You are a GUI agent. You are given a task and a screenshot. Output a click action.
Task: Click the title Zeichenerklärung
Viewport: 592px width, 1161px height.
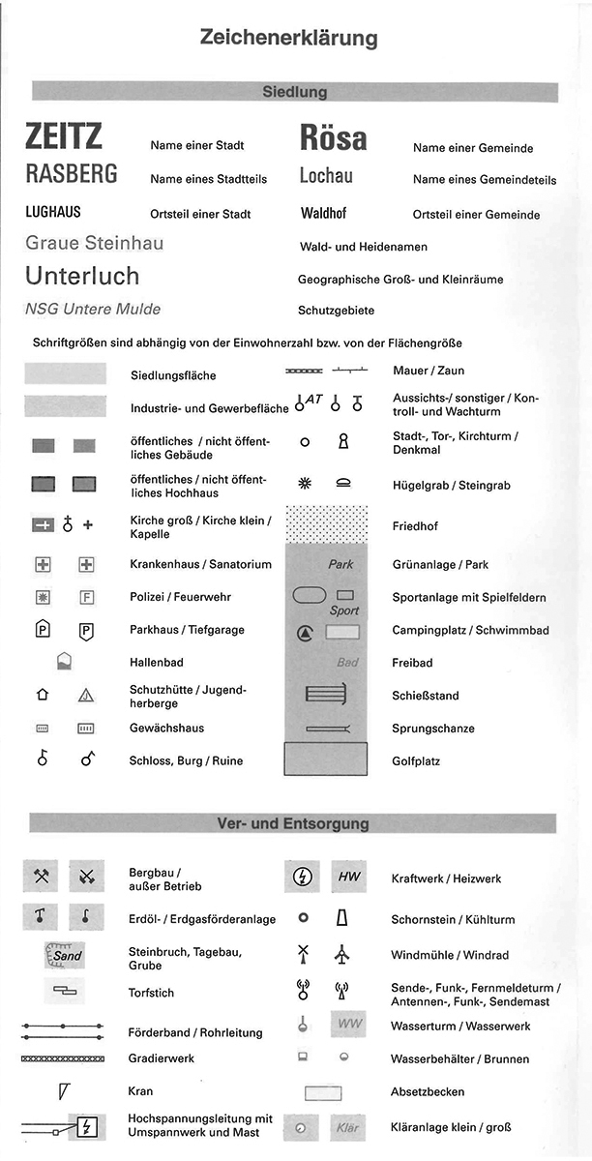pyautogui.click(x=288, y=39)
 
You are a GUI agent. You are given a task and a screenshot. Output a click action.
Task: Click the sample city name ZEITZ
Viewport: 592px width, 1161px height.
pyautogui.click(x=64, y=137)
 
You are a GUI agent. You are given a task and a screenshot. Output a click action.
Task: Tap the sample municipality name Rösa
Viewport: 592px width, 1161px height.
pyautogui.click(x=333, y=139)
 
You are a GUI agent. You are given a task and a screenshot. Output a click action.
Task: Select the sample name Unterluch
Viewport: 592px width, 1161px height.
pyautogui.click(x=82, y=276)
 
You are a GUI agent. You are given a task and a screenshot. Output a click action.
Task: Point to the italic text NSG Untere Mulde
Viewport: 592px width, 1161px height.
pyautogui.click(x=93, y=310)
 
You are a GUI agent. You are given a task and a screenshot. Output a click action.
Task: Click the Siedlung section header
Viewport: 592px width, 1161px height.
pyautogui.click(x=295, y=92)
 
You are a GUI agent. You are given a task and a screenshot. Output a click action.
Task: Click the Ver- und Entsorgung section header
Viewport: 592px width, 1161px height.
pyautogui.click(x=293, y=824)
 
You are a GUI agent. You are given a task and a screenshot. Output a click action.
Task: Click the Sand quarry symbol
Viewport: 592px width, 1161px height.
pyautogui.click(x=65, y=955)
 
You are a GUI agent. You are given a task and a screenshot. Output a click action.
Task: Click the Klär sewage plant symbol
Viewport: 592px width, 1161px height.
pyautogui.click(x=348, y=1127)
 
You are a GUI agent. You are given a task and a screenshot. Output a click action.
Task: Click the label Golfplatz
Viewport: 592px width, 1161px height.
pyautogui.click(x=416, y=761)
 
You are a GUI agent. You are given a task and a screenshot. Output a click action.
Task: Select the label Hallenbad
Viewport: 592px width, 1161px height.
pyautogui.click(x=157, y=663)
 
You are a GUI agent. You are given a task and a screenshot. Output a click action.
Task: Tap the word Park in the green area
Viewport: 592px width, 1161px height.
pyautogui.click(x=340, y=564)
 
